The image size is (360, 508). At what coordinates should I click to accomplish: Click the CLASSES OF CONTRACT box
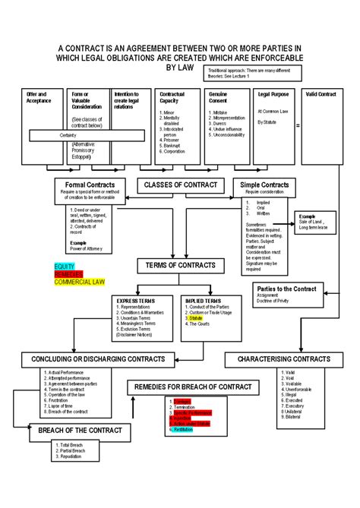pos(181,185)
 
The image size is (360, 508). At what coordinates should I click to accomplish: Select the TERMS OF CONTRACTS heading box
pos(180,265)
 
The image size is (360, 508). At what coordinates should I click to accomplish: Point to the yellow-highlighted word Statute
pos(197,320)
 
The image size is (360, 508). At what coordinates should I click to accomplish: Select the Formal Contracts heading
pos(89,185)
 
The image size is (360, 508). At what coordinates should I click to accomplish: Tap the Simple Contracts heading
pos(264,185)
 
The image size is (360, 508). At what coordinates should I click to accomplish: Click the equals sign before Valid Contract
pos(298,125)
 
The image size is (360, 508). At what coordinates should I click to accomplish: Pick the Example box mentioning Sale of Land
pos(317,222)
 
